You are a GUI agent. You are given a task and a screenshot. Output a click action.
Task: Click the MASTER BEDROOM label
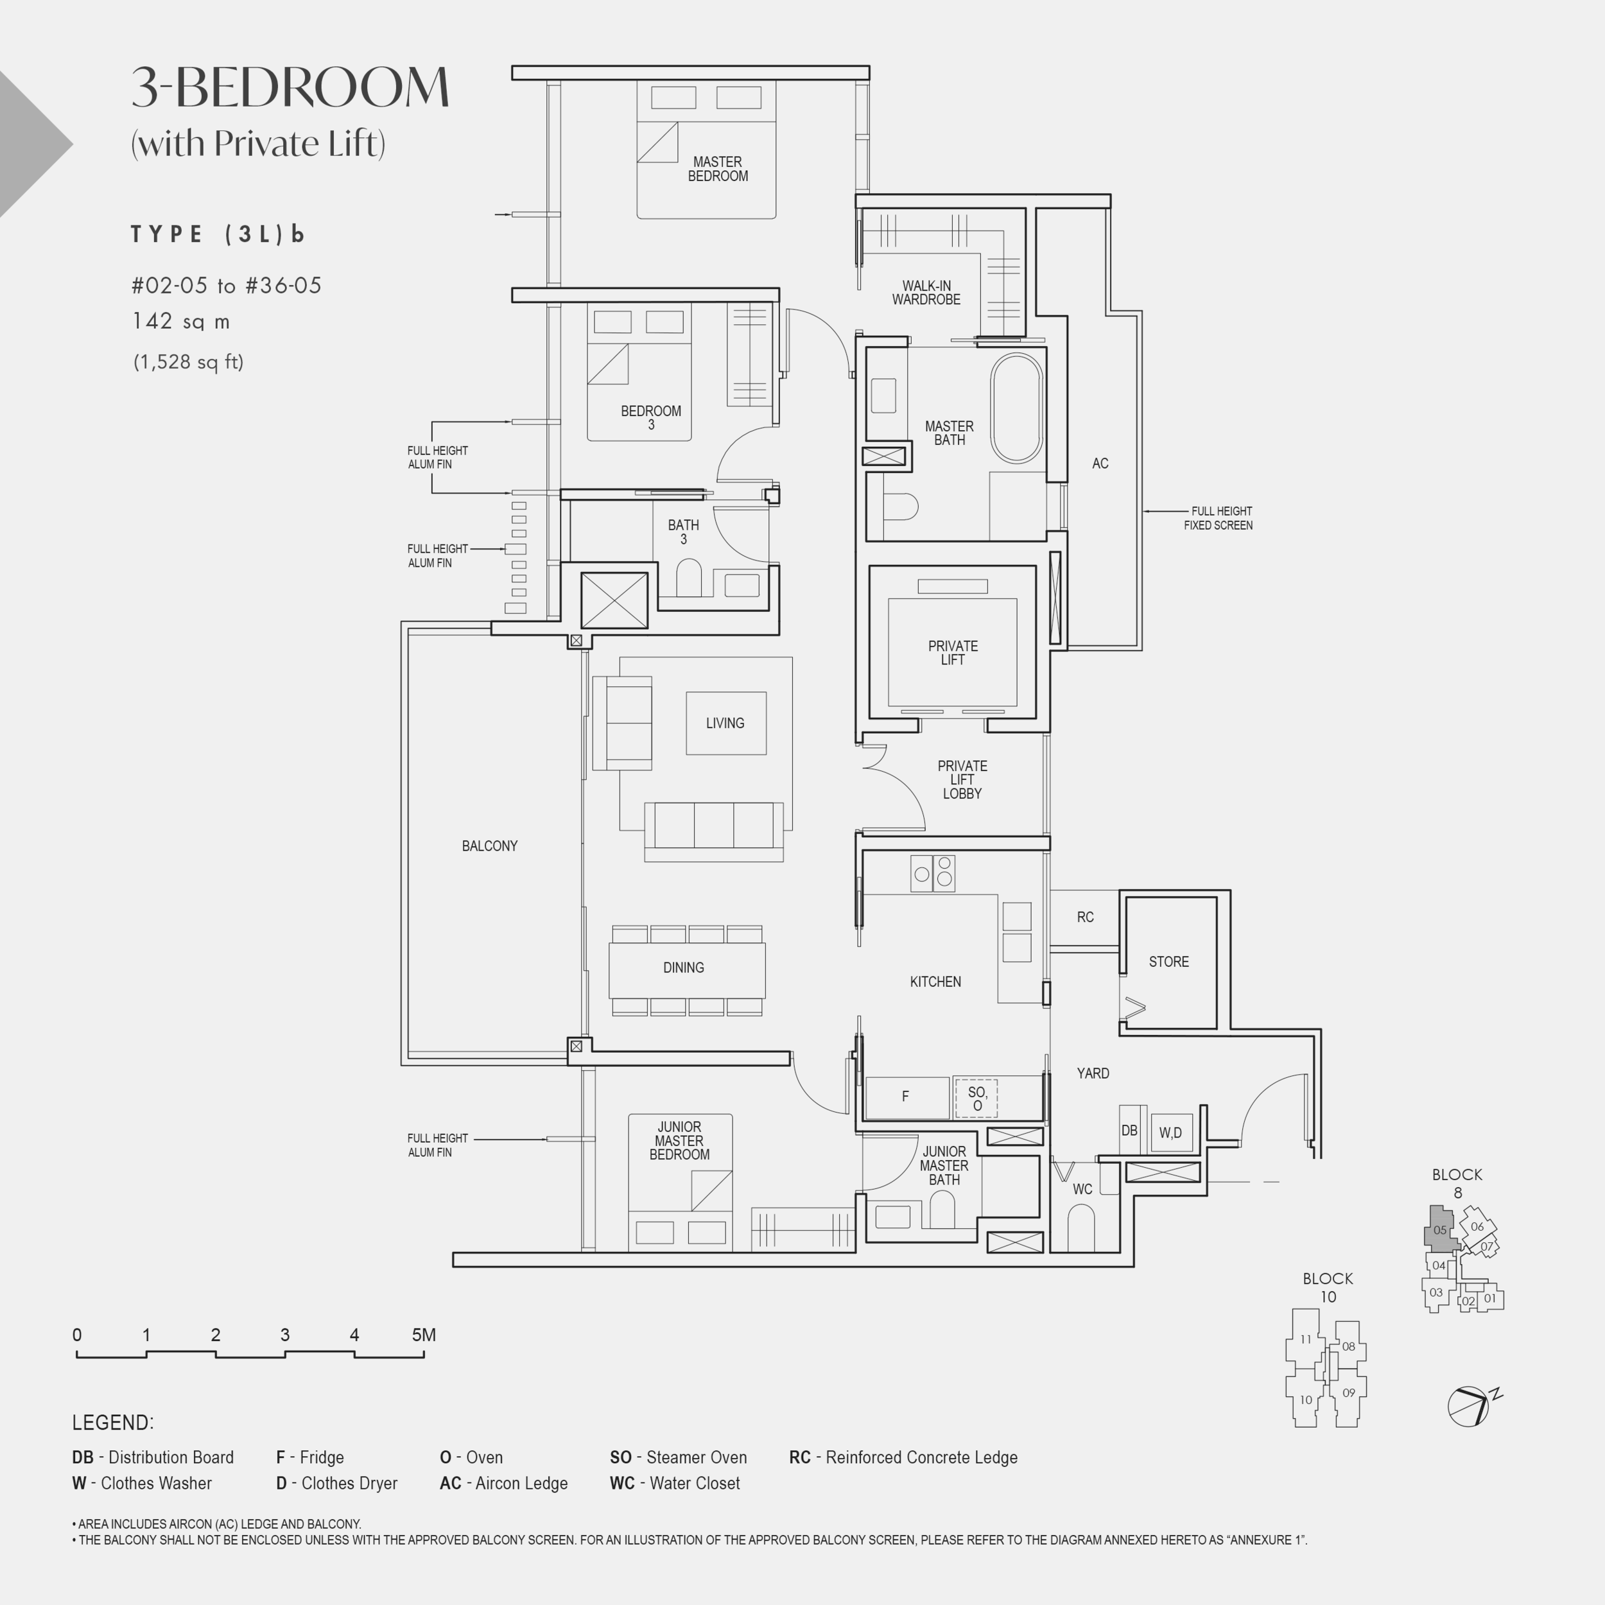(718, 169)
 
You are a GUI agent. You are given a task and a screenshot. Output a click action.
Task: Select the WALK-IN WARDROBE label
(926, 292)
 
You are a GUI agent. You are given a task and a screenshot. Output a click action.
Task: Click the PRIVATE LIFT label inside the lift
(953, 652)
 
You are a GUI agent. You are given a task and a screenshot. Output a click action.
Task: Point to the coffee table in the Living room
(726, 723)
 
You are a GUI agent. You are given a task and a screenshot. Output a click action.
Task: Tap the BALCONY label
(489, 846)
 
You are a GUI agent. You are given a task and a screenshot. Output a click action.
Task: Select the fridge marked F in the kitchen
(907, 1097)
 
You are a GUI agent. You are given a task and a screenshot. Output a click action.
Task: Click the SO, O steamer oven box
(977, 1098)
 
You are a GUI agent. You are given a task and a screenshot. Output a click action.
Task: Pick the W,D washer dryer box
(1172, 1133)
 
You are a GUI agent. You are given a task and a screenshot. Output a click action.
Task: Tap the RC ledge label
(1085, 917)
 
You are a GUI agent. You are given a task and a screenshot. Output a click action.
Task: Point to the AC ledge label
(1100, 464)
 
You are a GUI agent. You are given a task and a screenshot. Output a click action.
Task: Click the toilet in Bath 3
(689, 578)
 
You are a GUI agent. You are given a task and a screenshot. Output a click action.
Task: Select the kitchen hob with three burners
(933, 873)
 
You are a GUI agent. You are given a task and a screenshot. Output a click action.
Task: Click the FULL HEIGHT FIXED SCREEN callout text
(1218, 518)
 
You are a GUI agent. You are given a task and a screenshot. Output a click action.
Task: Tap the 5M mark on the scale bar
(424, 1335)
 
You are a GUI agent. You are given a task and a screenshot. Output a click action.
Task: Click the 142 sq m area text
(181, 322)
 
